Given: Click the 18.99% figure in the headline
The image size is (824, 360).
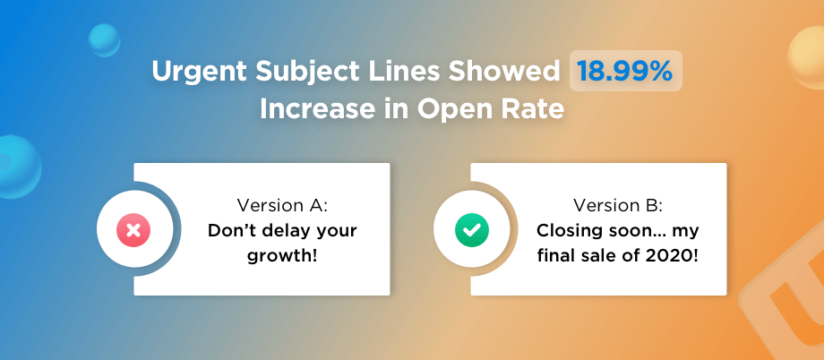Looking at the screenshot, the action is pos(624,71).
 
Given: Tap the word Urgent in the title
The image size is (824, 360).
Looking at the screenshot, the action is pos(195,72).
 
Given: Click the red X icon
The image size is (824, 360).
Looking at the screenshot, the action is pos(133,229).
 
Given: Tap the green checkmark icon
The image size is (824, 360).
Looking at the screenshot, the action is pos(471,229).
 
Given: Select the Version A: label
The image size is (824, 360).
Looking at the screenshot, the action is pos(282,204).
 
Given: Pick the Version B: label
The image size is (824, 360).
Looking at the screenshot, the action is pos(617,204).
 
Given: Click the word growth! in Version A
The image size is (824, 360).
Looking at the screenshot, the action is pos(282,258).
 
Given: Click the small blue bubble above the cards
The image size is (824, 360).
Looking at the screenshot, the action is pos(104,40).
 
